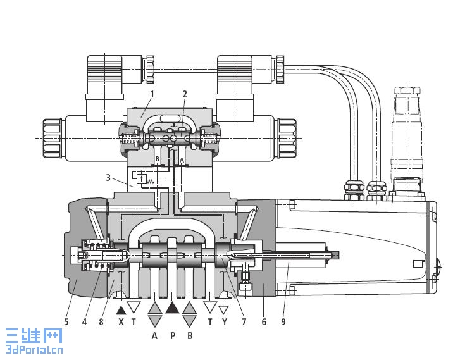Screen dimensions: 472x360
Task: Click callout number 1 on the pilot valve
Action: click(x=152, y=94)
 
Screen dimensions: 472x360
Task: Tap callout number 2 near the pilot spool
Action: click(x=185, y=94)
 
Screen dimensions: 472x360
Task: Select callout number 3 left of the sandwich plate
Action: click(x=108, y=178)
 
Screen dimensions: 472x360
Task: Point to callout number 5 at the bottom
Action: click(x=66, y=322)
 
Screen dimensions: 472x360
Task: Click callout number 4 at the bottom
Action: click(x=84, y=322)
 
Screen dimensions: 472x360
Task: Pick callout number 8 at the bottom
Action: click(x=101, y=322)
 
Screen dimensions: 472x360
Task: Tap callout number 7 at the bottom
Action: click(x=244, y=322)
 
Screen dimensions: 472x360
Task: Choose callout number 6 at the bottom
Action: click(x=264, y=322)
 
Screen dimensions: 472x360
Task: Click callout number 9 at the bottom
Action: click(x=283, y=322)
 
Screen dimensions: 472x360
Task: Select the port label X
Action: click(x=121, y=322)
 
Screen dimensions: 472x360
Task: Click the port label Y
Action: click(x=224, y=322)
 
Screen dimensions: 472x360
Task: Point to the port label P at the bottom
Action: click(x=173, y=335)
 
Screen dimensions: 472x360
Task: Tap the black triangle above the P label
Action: click(x=172, y=308)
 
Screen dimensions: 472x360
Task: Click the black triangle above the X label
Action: click(x=121, y=311)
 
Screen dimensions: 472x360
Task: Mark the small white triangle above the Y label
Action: click(x=223, y=310)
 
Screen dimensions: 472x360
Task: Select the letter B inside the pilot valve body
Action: click(x=157, y=159)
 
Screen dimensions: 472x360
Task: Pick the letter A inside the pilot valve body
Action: click(x=182, y=160)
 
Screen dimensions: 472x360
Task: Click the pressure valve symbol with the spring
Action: click(x=143, y=179)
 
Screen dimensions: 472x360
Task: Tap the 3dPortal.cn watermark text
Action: click(x=34, y=350)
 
